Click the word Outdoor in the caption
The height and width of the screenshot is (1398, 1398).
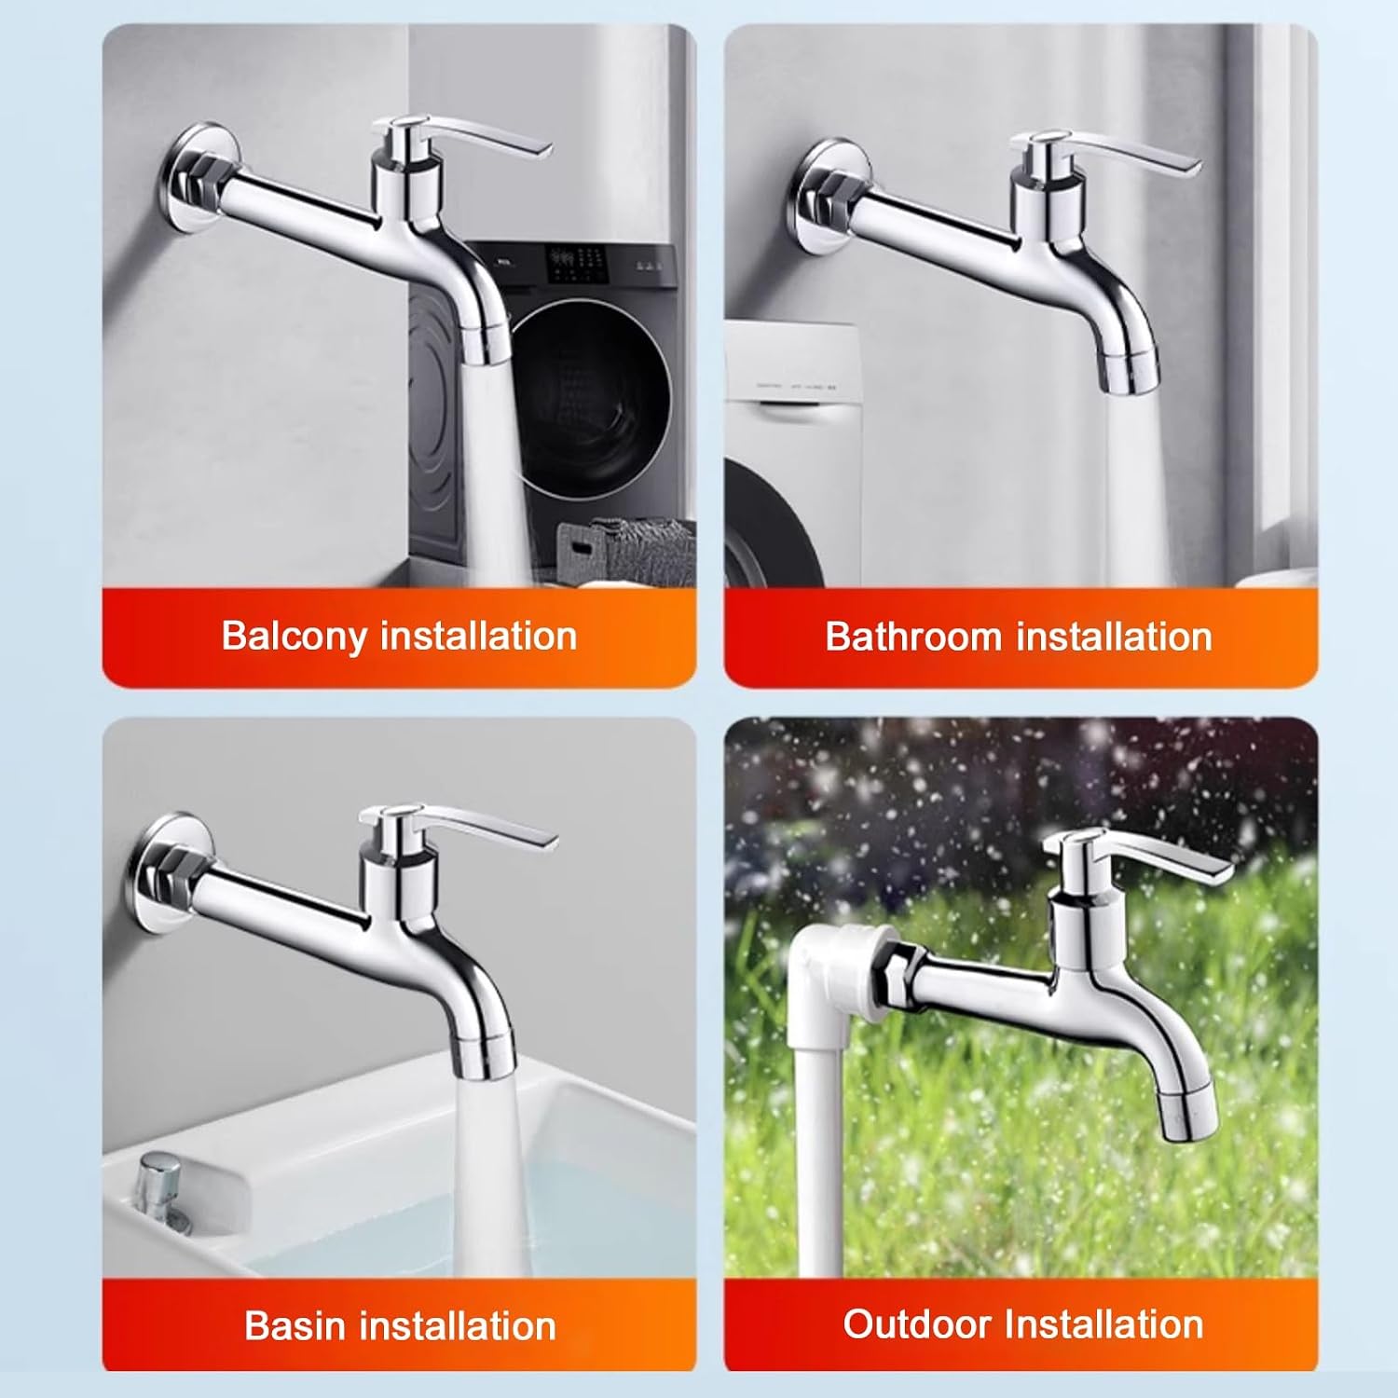pyautogui.click(x=917, y=1323)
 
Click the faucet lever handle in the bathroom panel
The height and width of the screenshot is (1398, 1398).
pyautogui.click(x=1109, y=149)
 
